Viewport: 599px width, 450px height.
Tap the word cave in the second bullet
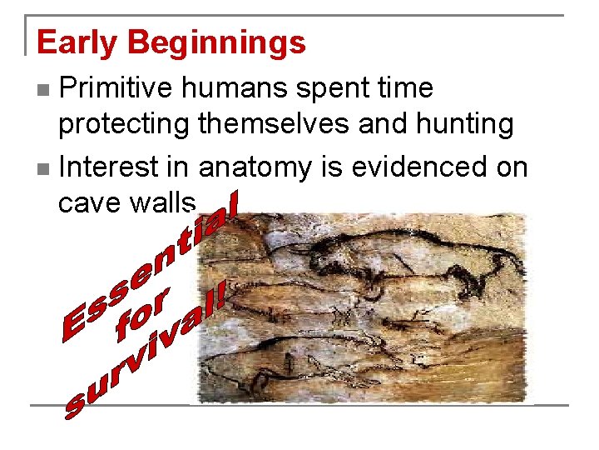pyautogui.click(x=88, y=202)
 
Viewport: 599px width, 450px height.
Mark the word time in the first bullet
pyautogui.click(x=404, y=87)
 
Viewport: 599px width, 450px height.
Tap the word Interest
pyautogui.click(x=110, y=167)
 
